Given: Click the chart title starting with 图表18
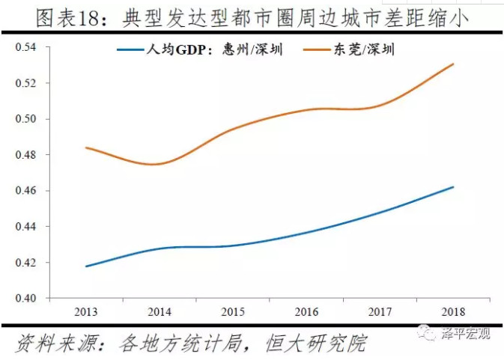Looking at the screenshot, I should [x=252, y=16].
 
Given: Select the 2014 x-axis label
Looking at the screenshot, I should [x=160, y=310].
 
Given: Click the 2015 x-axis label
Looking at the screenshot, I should [x=234, y=310].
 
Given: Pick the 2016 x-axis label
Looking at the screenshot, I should [x=307, y=310].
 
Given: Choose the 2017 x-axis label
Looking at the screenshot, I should [x=380, y=310].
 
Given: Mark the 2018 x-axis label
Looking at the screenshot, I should [x=454, y=310].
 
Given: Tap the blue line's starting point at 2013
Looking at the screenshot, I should [x=88, y=266].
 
